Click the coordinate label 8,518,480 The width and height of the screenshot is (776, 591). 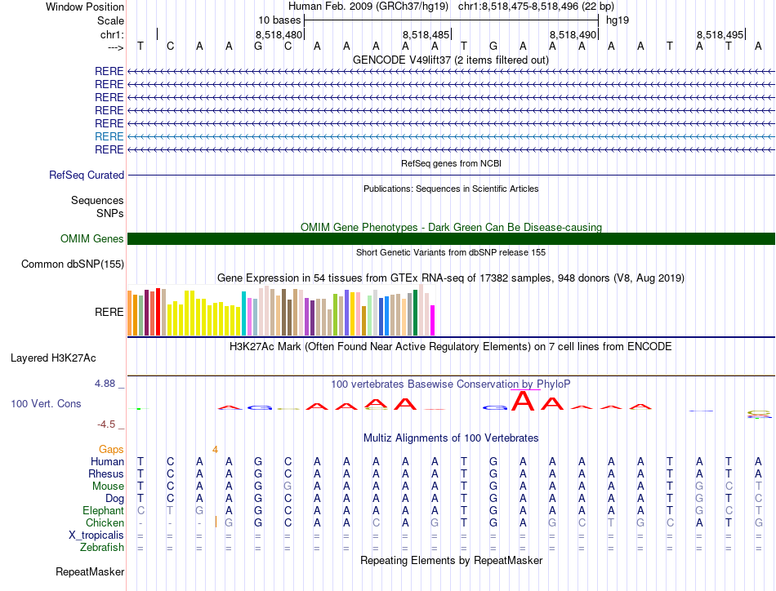pos(279,34)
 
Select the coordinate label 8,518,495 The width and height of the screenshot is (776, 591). pos(720,34)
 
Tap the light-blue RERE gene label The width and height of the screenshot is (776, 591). pos(109,136)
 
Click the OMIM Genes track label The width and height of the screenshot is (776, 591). pos(92,239)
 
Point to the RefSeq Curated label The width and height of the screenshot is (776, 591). pos(87,175)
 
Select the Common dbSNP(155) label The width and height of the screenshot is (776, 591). pos(73,264)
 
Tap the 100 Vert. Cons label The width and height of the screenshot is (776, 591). pos(46,403)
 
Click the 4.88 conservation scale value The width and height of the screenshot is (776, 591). pos(109,384)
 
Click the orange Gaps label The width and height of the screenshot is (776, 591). pos(111,449)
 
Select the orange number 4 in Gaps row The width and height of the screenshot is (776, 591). pos(215,449)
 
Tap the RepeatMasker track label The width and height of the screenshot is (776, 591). pos(90,572)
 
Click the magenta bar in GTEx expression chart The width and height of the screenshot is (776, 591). pos(433,319)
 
